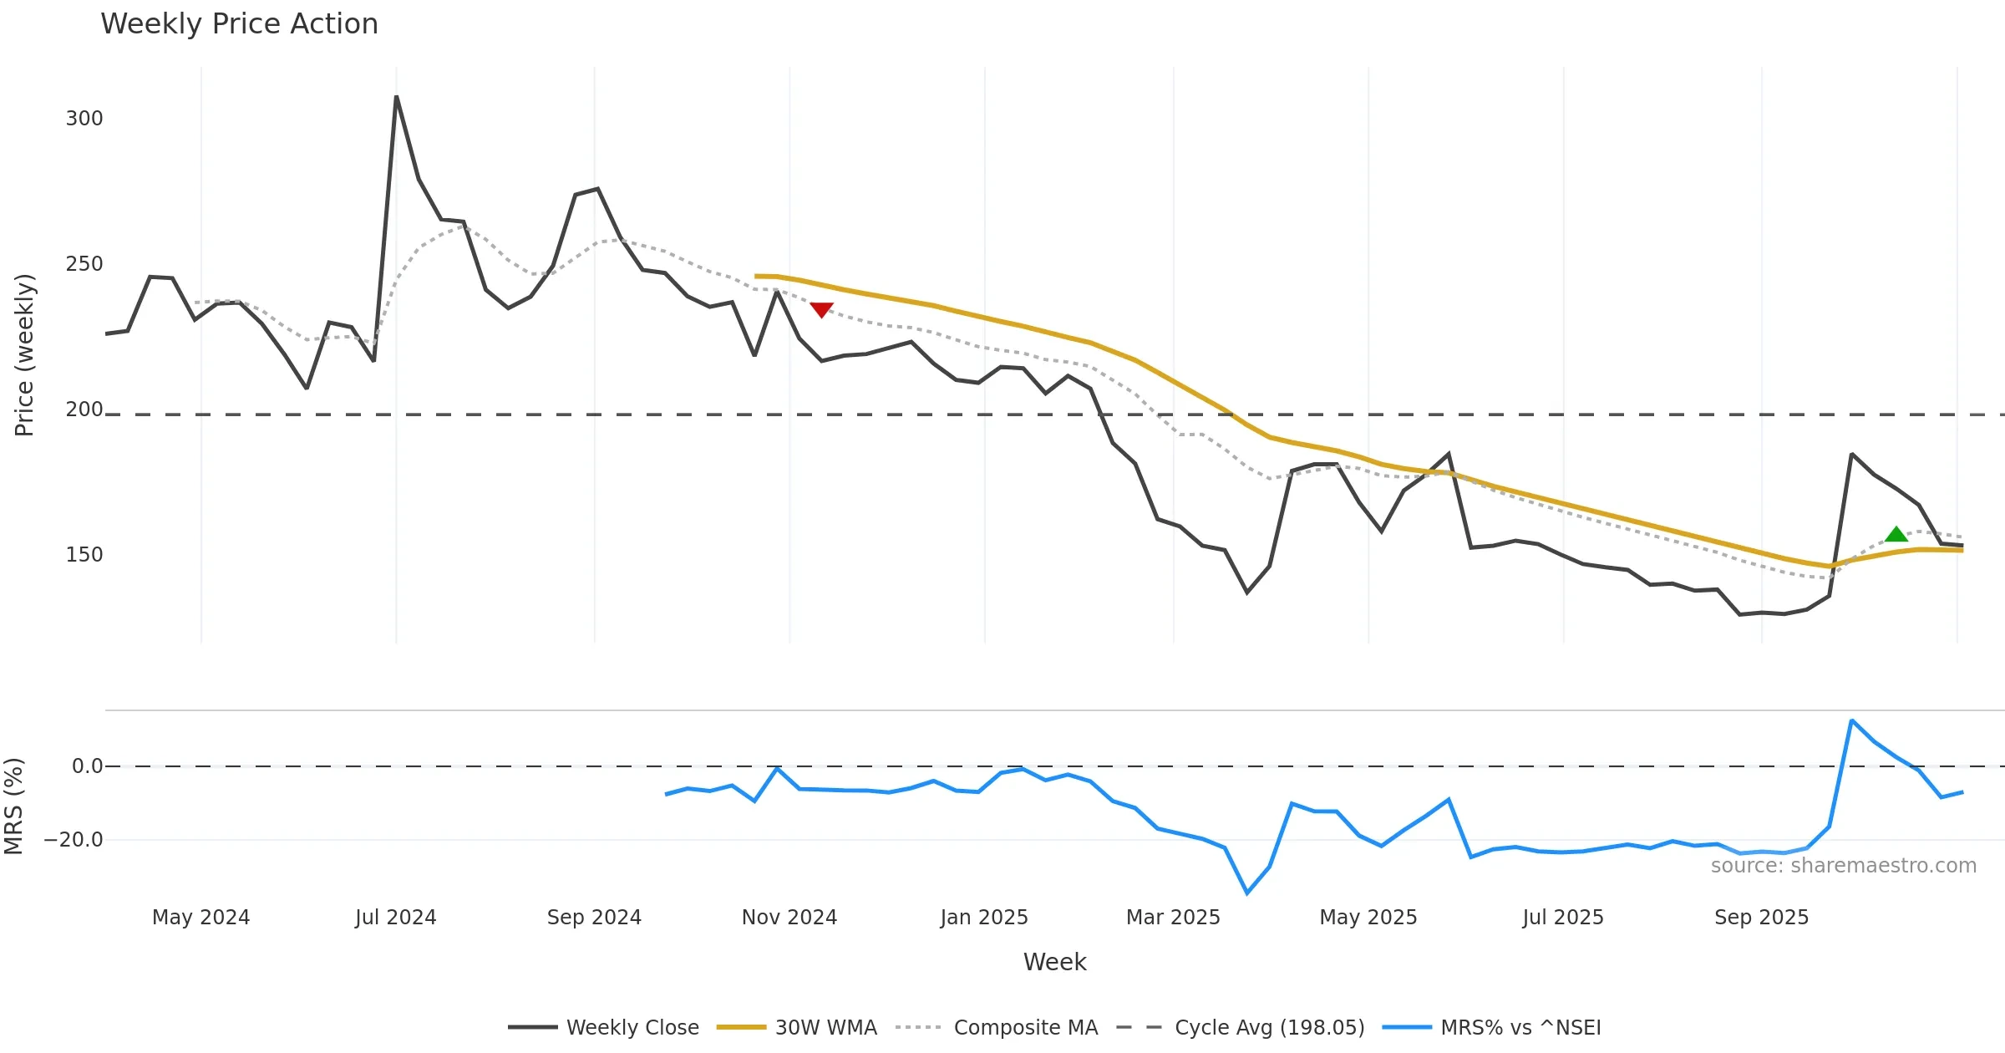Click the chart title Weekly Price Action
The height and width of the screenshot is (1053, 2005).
tap(239, 24)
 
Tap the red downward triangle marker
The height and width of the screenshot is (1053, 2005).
tap(822, 309)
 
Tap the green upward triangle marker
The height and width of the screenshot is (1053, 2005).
tap(1896, 535)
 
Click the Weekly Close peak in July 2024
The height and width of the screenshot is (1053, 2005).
tap(397, 97)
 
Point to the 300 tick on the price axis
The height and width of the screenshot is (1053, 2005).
tap(84, 119)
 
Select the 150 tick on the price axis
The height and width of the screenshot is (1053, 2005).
tap(84, 555)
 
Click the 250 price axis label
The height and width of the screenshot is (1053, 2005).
tap(84, 264)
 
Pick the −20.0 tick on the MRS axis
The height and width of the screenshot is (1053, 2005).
tap(74, 840)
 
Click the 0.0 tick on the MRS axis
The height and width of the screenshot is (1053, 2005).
tap(87, 766)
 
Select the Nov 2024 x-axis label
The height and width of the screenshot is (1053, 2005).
tap(789, 918)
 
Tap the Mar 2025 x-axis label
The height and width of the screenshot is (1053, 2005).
tap(1173, 918)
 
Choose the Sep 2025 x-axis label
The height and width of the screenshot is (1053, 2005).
tap(1761, 918)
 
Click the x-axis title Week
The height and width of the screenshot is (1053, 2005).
tap(1054, 963)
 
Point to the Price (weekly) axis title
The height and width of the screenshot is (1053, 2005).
tap(25, 355)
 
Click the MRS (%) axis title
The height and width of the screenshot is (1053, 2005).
tap(14, 806)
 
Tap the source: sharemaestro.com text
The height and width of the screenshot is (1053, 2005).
tap(1843, 866)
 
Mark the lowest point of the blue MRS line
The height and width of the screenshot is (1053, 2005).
tap(1247, 893)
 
